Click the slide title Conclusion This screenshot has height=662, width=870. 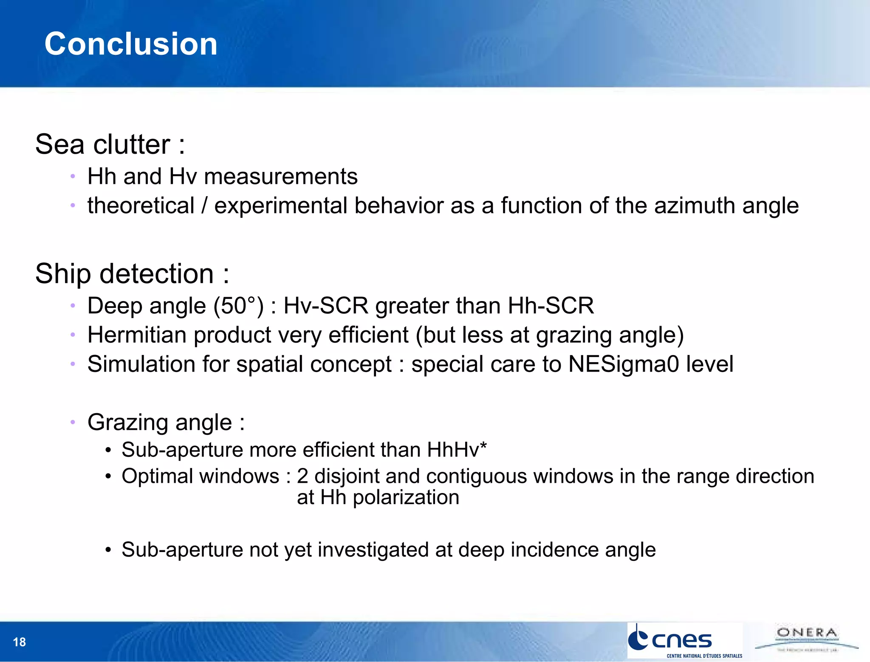click(x=131, y=44)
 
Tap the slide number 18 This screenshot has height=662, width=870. click(x=20, y=642)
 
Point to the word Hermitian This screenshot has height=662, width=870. click(x=137, y=335)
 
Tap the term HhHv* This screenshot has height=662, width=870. click(x=457, y=450)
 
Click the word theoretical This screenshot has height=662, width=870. click(x=141, y=206)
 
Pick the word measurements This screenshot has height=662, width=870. click(x=280, y=177)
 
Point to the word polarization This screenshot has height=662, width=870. click(x=406, y=497)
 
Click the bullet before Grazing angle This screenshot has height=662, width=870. click(x=73, y=422)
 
